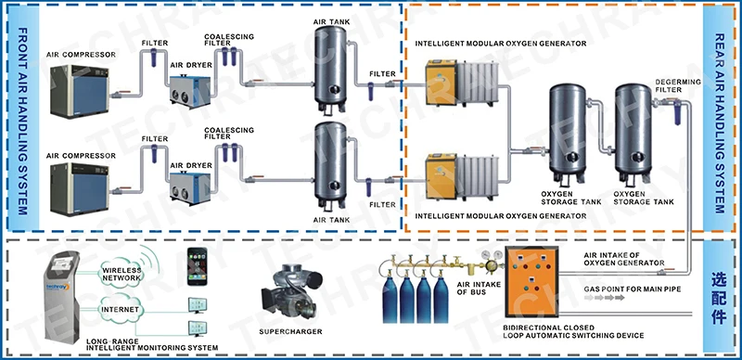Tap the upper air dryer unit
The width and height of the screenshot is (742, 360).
[x=189, y=91]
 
